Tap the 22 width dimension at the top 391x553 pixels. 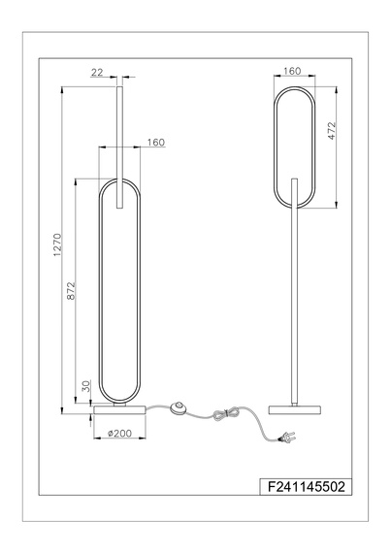pos(97,73)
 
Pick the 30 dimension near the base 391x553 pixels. pos(85,389)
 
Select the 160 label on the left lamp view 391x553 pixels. pos(155,143)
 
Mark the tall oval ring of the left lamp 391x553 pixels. pos(101,291)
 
